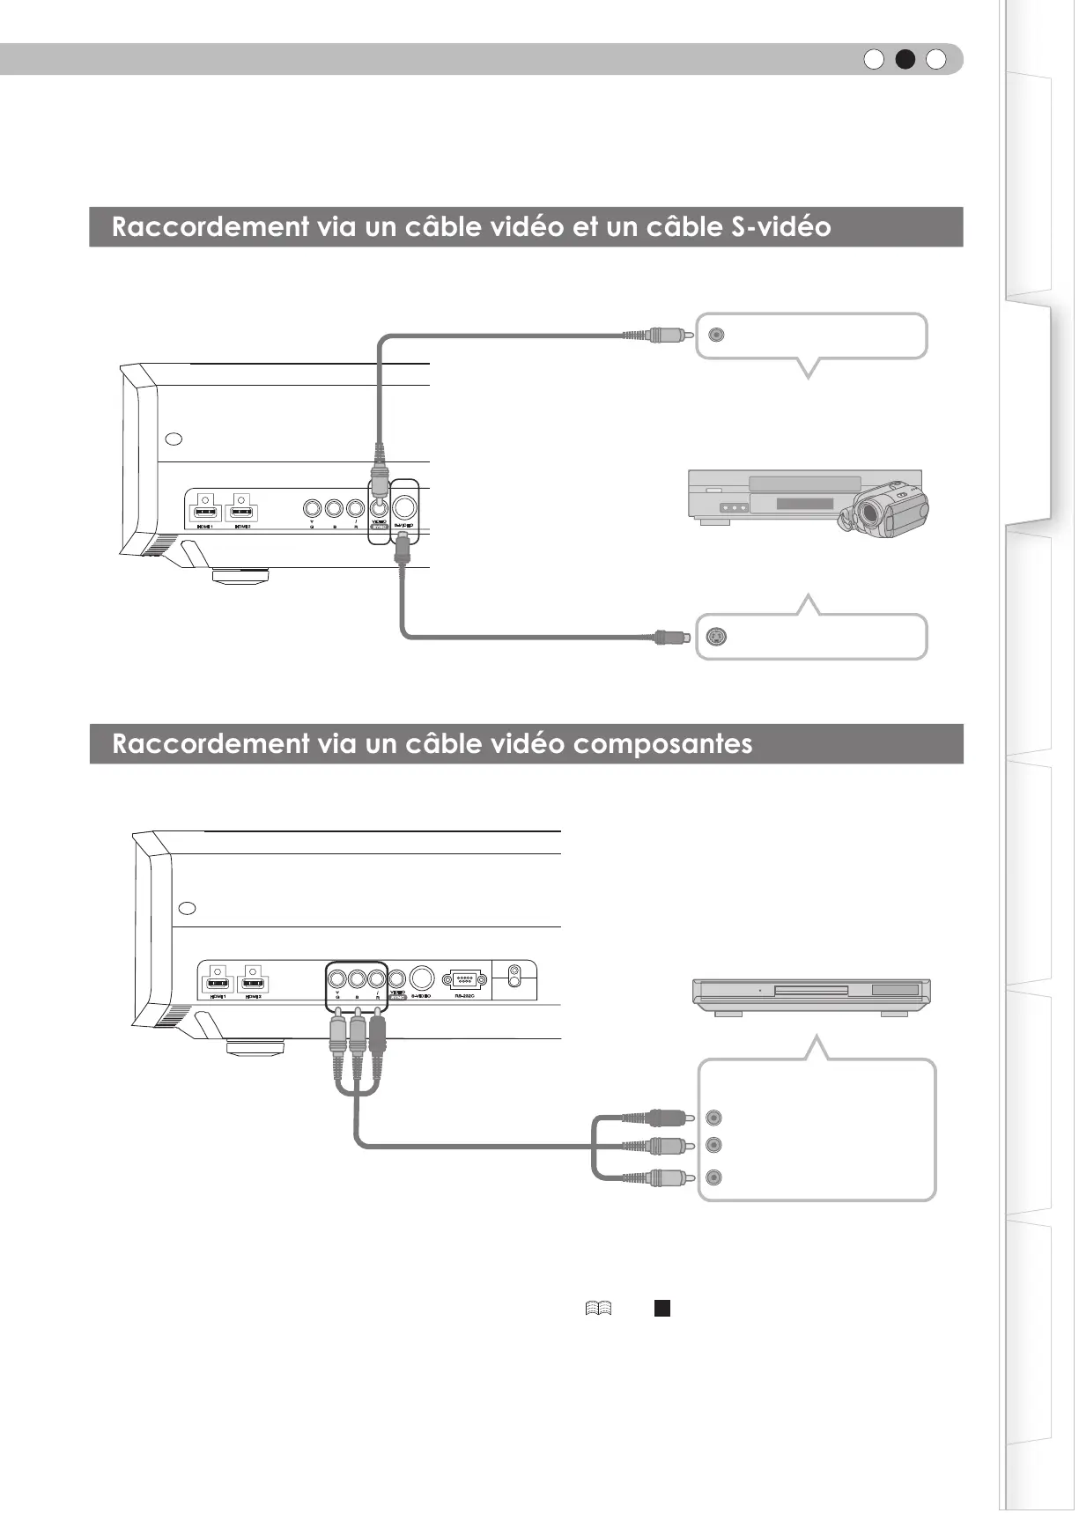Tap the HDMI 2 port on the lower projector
pyautogui.click(x=255, y=984)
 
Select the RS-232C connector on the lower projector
pyautogui.click(x=464, y=979)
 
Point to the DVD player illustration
pyautogui.click(x=811, y=995)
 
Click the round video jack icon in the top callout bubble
pyautogui.click(x=717, y=335)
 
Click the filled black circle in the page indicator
pyautogui.click(x=905, y=59)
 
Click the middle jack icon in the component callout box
pyautogui.click(x=714, y=1145)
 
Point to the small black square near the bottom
pyautogui.click(x=662, y=1308)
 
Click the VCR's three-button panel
pyautogui.click(x=733, y=508)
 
